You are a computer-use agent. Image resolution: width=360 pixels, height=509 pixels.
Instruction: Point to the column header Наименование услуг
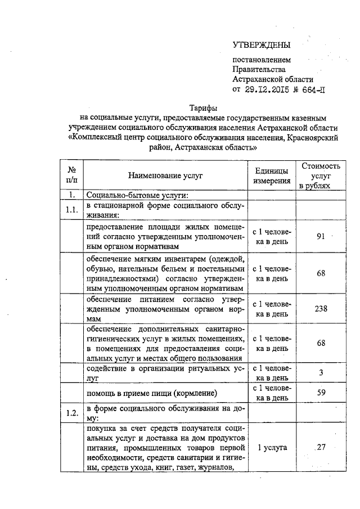164,175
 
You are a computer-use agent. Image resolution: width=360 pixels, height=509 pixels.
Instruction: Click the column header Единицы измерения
272,176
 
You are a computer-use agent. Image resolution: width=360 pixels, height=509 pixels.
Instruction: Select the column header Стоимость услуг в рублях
321,175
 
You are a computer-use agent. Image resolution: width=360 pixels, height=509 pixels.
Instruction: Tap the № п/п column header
72,175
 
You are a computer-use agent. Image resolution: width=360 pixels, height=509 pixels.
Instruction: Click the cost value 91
321,236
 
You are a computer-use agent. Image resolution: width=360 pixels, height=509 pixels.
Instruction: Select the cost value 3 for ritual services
321,373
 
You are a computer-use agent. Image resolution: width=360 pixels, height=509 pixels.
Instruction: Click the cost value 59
321,393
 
